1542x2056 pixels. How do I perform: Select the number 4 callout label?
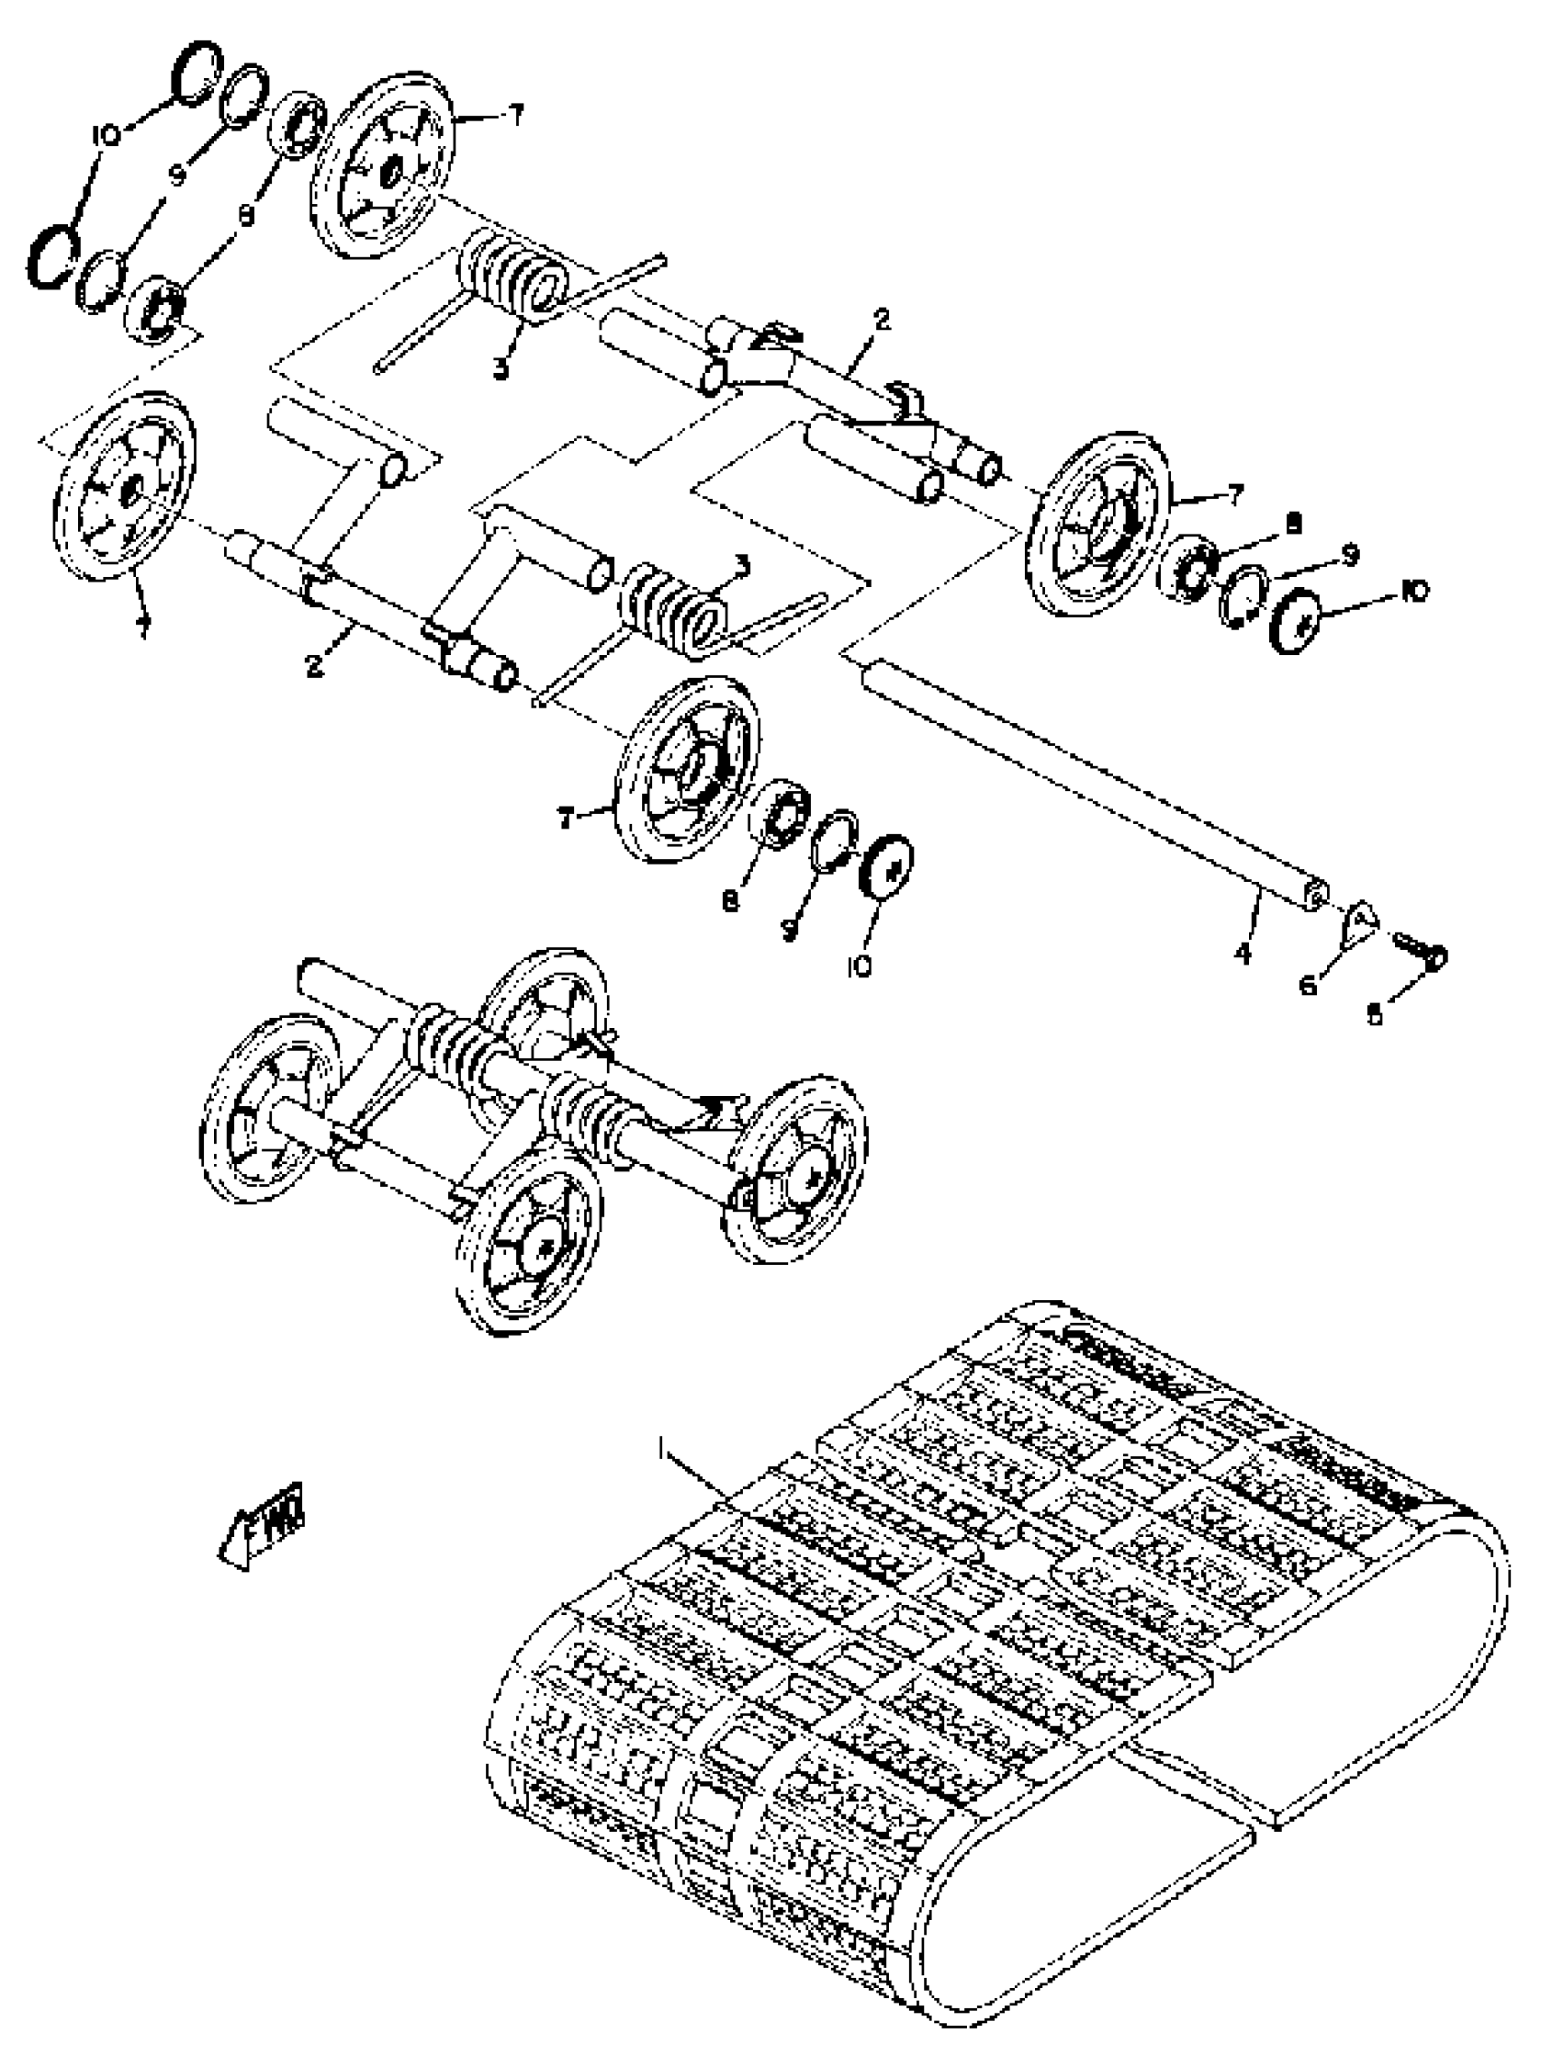(x=1244, y=952)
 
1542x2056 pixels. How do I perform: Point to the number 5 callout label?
(x=1375, y=1015)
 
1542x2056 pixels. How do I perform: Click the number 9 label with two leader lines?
(x=178, y=173)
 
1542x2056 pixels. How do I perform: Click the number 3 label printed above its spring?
(x=741, y=563)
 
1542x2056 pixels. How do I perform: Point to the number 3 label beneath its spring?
(x=501, y=368)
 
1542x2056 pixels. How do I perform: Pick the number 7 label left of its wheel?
(x=564, y=818)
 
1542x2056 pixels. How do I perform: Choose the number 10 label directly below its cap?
(x=859, y=966)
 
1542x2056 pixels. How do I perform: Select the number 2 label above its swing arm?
(x=881, y=320)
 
